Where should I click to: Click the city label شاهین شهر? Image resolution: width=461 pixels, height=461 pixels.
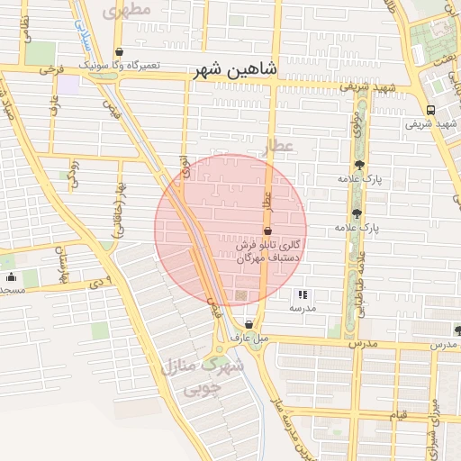[x=236, y=69]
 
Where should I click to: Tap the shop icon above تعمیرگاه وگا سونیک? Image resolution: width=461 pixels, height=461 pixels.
[x=121, y=52]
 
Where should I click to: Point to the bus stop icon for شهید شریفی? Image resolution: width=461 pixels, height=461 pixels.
[x=429, y=111]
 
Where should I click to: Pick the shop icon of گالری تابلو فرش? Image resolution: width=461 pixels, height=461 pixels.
[x=267, y=231]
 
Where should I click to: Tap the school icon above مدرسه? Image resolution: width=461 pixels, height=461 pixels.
[x=303, y=294]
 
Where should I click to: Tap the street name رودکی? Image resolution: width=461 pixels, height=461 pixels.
[x=75, y=176]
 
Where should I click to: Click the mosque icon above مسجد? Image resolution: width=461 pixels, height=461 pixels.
[x=11, y=276]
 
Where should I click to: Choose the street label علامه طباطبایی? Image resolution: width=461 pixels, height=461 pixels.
[x=362, y=279]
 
